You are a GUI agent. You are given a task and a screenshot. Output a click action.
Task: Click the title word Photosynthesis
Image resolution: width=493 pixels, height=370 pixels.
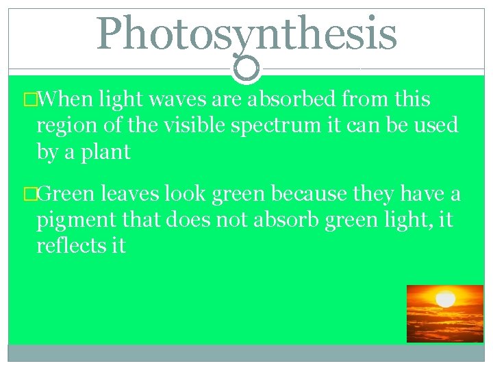pos(246,34)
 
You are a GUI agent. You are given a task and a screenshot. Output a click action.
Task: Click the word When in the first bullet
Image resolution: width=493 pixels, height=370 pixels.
pos(66,100)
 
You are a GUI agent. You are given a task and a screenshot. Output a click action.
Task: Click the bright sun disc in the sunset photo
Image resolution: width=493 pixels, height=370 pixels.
pos(446,299)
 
